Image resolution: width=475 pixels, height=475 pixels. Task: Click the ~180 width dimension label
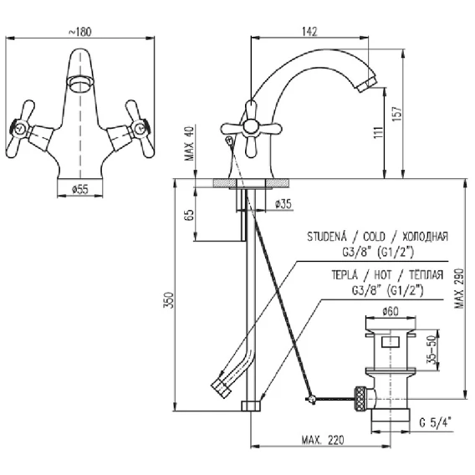pyautogui.click(x=80, y=32)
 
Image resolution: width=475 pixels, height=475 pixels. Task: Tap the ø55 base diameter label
pyautogui.click(x=80, y=189)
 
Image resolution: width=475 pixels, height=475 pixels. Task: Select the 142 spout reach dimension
pyautogui.click(x=309, y=31)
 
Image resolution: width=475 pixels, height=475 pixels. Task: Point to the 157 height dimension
pyautogui.click(x=397, y=114)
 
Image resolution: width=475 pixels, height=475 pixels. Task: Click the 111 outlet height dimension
pyautogui.click(x=378, y=132)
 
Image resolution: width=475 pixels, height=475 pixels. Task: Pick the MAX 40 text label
pyautogui.click(x=189, y=144)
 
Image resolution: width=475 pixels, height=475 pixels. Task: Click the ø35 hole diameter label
pyautogui.click(x=283, y=204)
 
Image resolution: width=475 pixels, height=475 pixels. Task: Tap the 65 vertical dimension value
pyautogui.click(x=189, y=215)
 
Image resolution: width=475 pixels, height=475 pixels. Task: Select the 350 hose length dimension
pyautogui.click(x=169, y=300)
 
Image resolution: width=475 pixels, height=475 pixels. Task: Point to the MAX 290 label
pyautogui.click(x=459, y=288)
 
